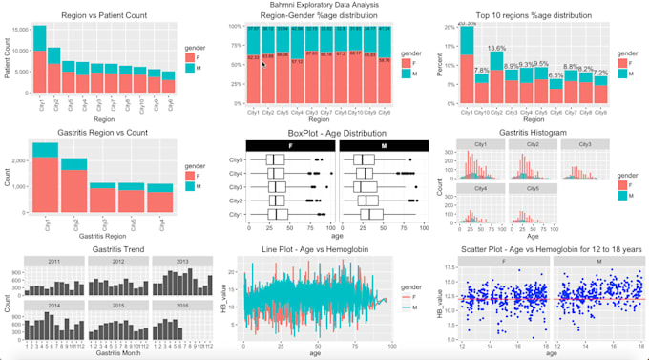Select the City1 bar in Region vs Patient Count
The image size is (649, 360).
coord(39,67)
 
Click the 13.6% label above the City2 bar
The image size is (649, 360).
coord(496,48)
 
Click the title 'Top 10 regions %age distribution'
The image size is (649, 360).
coord(532,16)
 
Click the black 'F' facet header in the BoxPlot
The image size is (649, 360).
coord(287,144)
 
